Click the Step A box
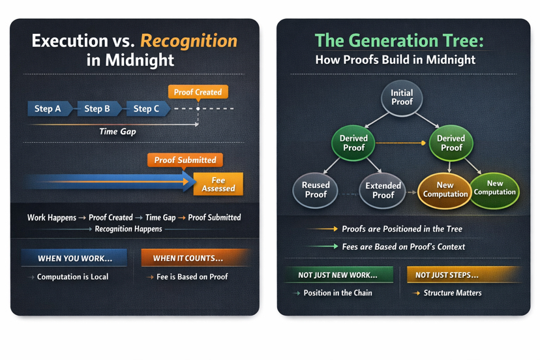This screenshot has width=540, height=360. click(x=48, y=109)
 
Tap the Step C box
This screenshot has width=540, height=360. click(x=146, y=109)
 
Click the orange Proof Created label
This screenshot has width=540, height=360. click(x=198, y=92)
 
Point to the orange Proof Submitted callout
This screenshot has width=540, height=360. click(x=185, y=160)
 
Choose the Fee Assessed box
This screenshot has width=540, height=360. click(x=218, y=185)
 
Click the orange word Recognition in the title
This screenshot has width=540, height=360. click(x=188, y=41)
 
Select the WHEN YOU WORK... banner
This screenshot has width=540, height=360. click(x=74, y=258)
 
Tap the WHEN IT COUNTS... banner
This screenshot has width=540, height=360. click(x=188, y=258)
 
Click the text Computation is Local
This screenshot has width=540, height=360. click(x=72, y=277)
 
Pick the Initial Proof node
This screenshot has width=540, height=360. click(x=402, y=98)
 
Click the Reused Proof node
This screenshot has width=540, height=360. click(x=316, y=190)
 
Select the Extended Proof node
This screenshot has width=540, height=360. click(x=383, y=190)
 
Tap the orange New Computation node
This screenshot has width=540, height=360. click(x=445, y=190)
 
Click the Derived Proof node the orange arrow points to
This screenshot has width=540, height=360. click(x=451, y=143)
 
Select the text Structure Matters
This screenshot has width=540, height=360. click(x=453, y=293)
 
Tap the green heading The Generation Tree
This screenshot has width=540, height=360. click(x=399, y=41)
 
